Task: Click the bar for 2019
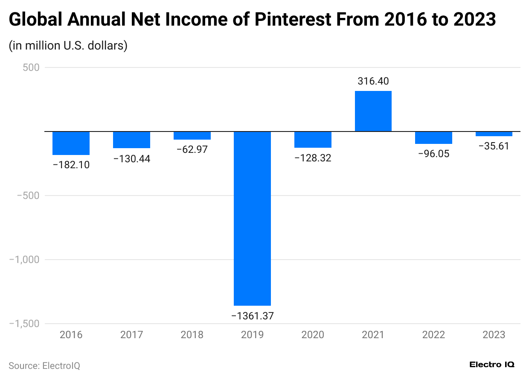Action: click(252, 218)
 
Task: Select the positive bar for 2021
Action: click(373, 111)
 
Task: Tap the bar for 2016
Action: click(71, 143)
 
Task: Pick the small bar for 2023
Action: click(494, 134)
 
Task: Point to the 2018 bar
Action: click(192, 135)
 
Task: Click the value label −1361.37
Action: click(252, 316)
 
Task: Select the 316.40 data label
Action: click(373, 81)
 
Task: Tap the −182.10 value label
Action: click(71, 165)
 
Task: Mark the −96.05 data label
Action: click(433, 154)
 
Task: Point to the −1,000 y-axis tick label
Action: click(24, 260)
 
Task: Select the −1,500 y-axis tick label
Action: click(24, 324)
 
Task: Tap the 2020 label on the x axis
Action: click(313, 335)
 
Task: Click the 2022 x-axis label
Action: click(433, 335)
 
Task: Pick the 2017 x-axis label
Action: click(131, 335)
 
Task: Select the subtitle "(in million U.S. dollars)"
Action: click(68, 45)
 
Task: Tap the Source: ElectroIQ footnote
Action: click(44, 366)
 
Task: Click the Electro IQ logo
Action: click(492, 365)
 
